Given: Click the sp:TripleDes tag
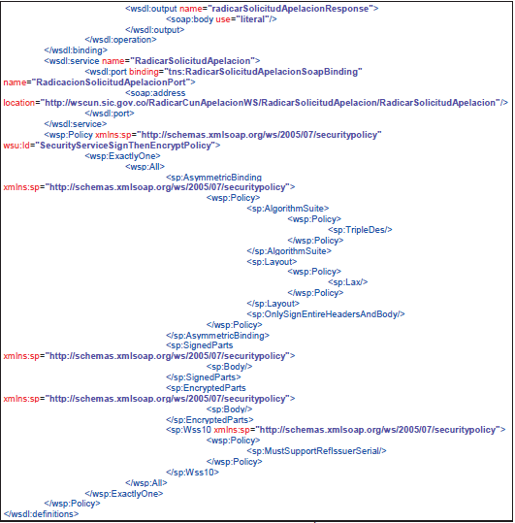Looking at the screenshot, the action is point(360,230).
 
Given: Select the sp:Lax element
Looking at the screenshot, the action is point(347,282).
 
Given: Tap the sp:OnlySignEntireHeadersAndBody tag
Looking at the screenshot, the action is point(326,314).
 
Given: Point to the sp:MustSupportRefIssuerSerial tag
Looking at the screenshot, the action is point(316,451).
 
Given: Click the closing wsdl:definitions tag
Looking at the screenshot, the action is point(41,514).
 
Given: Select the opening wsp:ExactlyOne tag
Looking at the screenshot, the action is point(122,156).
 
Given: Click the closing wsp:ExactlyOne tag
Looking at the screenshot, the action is point(124,493).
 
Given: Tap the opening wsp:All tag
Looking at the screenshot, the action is point(145,167).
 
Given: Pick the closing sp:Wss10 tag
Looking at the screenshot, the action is point(192,473).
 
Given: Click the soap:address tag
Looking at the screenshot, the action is point(155,93).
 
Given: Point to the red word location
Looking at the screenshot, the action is point(19,103).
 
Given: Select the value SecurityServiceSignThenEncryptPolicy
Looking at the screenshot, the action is point(126,146).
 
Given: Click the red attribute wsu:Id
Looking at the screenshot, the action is point(16,146).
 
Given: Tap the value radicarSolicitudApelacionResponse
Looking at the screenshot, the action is point(290,9).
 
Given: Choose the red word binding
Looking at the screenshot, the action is point(144,72).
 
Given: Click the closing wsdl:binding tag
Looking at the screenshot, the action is point(76,50).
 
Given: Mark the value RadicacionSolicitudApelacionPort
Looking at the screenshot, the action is point(111,82).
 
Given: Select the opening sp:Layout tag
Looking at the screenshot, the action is point(272,262).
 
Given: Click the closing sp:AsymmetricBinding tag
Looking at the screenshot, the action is point(217,335).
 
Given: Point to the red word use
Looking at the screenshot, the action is point(223,19).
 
